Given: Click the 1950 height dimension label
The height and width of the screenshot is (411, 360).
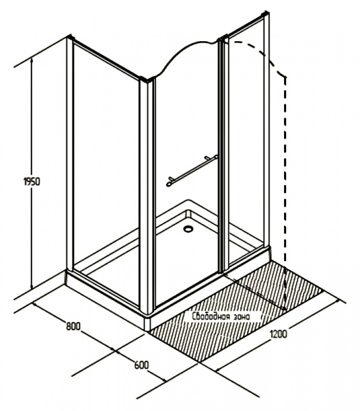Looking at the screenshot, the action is click(x=32, y=182).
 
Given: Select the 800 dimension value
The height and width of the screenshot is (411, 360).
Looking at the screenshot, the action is click(x=73, y=326).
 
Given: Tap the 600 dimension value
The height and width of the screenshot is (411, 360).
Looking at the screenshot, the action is click(x=142, y=365).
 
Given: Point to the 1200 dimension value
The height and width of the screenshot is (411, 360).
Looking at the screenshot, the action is click(x=279, y=334).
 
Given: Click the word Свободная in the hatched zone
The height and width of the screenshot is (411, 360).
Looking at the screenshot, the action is click(x=209, y=316).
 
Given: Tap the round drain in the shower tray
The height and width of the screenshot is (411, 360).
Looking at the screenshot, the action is click(x=188, y=229).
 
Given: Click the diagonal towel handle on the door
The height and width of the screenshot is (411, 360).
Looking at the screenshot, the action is click(x=192, y=171).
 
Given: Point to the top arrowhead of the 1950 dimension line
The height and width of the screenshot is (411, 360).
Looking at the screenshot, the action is click(x=32, y=61).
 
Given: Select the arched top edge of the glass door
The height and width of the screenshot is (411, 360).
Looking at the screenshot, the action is click(x=186, y=55).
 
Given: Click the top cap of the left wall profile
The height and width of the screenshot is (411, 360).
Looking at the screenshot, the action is click(x=70, y=37).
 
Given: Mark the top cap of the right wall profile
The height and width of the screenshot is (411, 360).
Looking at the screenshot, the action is click(x=266, y=14).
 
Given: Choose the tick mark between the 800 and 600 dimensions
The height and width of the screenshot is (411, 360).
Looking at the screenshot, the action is click(x=114, y=349).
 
